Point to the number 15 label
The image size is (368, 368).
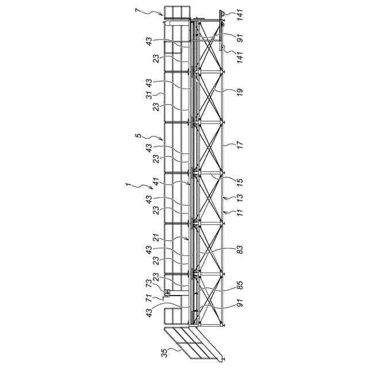[239, 181]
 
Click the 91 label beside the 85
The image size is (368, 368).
[239, 304]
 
